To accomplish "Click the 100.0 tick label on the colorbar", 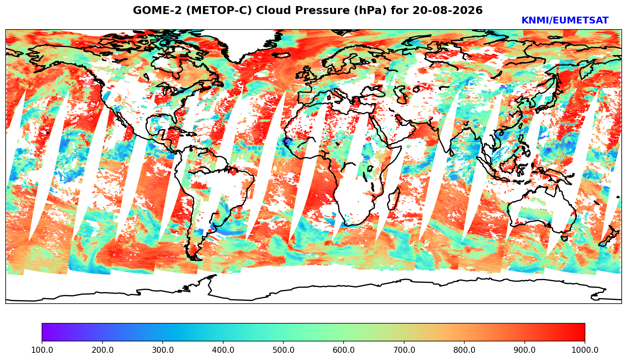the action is coord(42,350).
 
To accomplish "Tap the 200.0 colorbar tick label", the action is coord(102,350).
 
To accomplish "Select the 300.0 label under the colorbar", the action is coord(163,350).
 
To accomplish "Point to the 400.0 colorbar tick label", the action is coord(223,350).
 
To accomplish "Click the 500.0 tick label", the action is coord(283,350).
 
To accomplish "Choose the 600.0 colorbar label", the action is coord(344,350).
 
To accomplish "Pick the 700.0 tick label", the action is coord(404,350).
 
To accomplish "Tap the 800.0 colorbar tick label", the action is coord(464,350).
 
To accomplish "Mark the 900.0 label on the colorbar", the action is coord(524,350).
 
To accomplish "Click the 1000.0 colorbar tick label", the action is coord(585,350).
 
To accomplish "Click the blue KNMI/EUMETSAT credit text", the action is coord(565,20).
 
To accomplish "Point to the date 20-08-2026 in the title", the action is coord(448,10).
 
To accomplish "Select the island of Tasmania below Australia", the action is coord(564,238).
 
